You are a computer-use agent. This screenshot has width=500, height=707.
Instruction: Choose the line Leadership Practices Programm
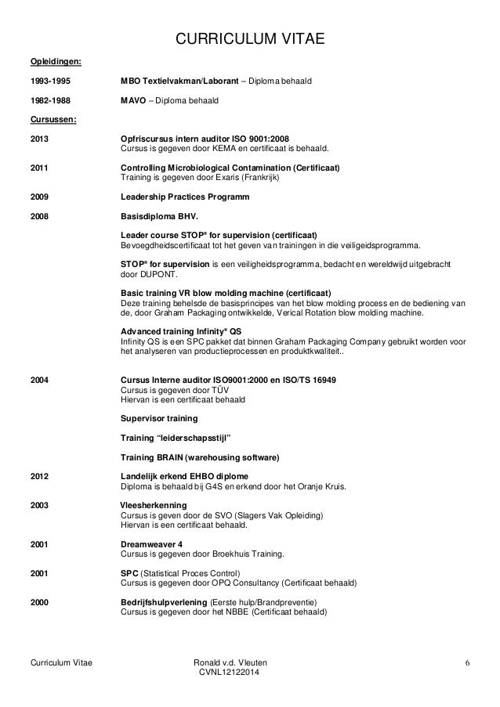185,197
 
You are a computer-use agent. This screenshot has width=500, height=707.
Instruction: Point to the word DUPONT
161,275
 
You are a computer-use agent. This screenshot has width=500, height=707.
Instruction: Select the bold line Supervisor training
158,418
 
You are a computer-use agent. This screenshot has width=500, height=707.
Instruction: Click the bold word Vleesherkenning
152,506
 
